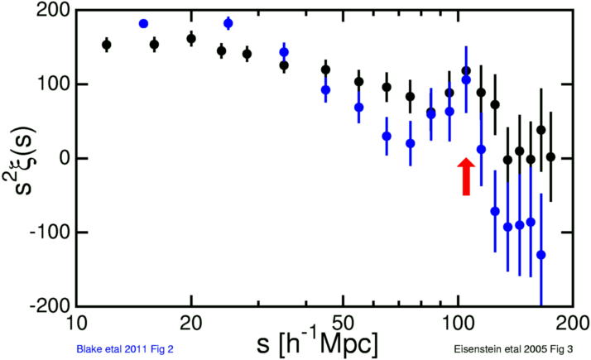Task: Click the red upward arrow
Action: [466, 176]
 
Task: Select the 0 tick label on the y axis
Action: [62, 158]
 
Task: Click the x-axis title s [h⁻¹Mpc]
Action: [318, 340]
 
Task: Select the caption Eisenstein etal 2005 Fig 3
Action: [512, 350]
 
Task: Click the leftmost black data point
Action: [106, 45]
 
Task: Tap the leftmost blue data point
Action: [143, 24]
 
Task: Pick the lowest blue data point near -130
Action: [541, 255]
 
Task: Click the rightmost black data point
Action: [550, 156]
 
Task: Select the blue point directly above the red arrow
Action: [466, 80]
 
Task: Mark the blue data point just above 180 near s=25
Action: [228, 23]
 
